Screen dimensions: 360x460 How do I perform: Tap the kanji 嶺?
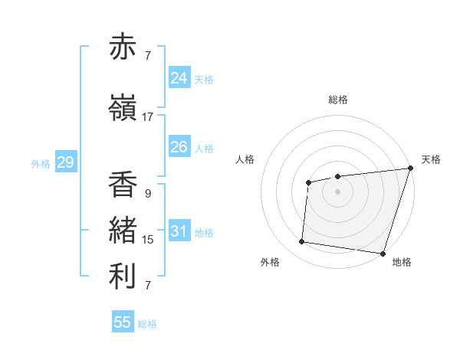(123, 108)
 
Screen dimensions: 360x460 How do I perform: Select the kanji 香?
(123, 185)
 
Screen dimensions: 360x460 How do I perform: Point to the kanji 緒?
(123, 231)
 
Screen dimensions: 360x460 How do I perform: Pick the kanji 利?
(123, 277)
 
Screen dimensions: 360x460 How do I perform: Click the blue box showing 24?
(179, 78)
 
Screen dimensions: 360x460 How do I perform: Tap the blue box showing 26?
(179, 147)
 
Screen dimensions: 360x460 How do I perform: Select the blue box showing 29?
(65, 162)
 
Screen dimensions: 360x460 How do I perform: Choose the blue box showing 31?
(179, 231)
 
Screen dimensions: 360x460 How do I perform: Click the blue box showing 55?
(123, 322)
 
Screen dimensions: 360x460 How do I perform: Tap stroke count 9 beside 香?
(147, 194)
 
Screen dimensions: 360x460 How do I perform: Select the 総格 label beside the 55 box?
(147, 324)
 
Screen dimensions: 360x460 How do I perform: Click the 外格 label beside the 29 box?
(41, 163)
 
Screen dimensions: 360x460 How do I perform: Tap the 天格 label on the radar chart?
(431, 159)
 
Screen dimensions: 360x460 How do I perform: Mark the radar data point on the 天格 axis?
(410, 169)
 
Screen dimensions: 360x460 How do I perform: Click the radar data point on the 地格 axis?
(383, 253)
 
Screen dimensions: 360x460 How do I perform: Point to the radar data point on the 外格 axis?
(302, 242)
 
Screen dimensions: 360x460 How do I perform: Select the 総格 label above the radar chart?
(338, 100)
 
